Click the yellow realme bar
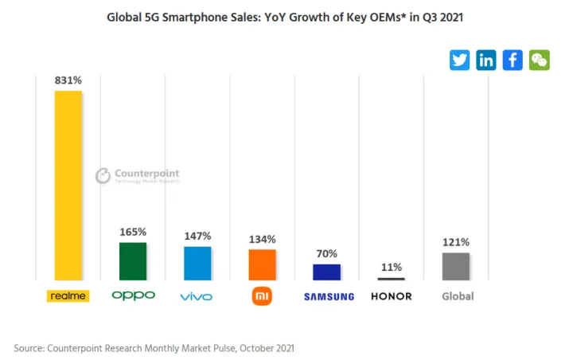coord(68,185)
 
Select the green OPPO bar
coord(133,260)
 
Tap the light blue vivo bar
coord(197,263)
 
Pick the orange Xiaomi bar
coord(262,264)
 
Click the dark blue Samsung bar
coord(326,272)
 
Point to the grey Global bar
coord(456,266)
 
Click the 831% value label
coord(68,80)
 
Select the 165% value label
coord(133,232)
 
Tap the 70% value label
coord(327,254)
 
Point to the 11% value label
coord(392,268)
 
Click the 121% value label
coord(456,242)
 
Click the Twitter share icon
coord(460,60)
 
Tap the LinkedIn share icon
coord(486,60)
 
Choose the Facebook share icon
coord(513,60)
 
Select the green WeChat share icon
coord(539,60)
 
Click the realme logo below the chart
coord(68,296)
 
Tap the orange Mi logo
coord(262,296)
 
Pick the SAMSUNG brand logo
coord(329,297)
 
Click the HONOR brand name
coord(392,296)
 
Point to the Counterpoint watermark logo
coord(137,175)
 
